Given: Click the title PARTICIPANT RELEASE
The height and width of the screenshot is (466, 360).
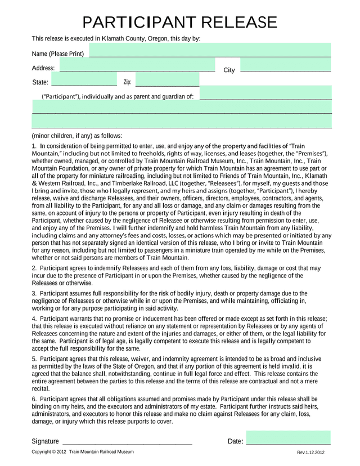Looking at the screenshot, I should [179, 22].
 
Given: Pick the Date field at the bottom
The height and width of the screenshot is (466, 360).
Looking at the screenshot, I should [288, 438].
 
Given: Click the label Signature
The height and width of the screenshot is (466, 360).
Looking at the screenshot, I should [45, 441].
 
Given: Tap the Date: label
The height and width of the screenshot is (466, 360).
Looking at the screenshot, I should [235, 441].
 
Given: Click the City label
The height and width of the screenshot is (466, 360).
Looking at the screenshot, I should [229, 70].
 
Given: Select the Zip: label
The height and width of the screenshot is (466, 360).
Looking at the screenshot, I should [127, 82].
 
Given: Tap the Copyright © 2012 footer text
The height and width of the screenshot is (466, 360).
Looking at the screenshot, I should [49, 452].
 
